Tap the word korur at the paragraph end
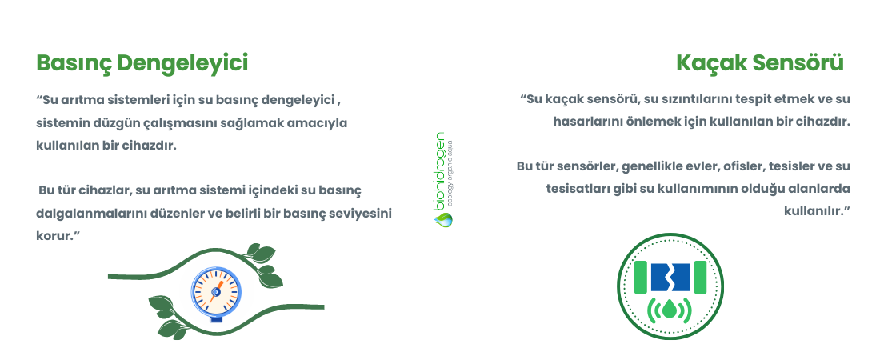[x=54, y=236]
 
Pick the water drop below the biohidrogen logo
[x=443, y=219]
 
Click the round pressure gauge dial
[x=216, y=292]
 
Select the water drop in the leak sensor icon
[x=670, y=310]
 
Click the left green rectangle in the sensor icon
[x=640, y=278]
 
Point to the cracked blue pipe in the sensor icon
[x=670, y=278]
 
